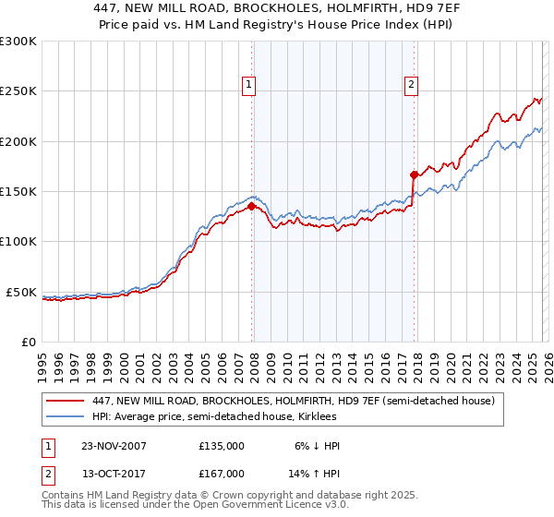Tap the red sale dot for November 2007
pos(252,207)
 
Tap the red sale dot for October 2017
pos(414,174)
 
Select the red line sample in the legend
pos(66,402)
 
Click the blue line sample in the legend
pos(66,417)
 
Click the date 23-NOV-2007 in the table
pos(114,446)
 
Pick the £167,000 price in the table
pos(222,474)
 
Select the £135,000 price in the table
pos(222,446)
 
